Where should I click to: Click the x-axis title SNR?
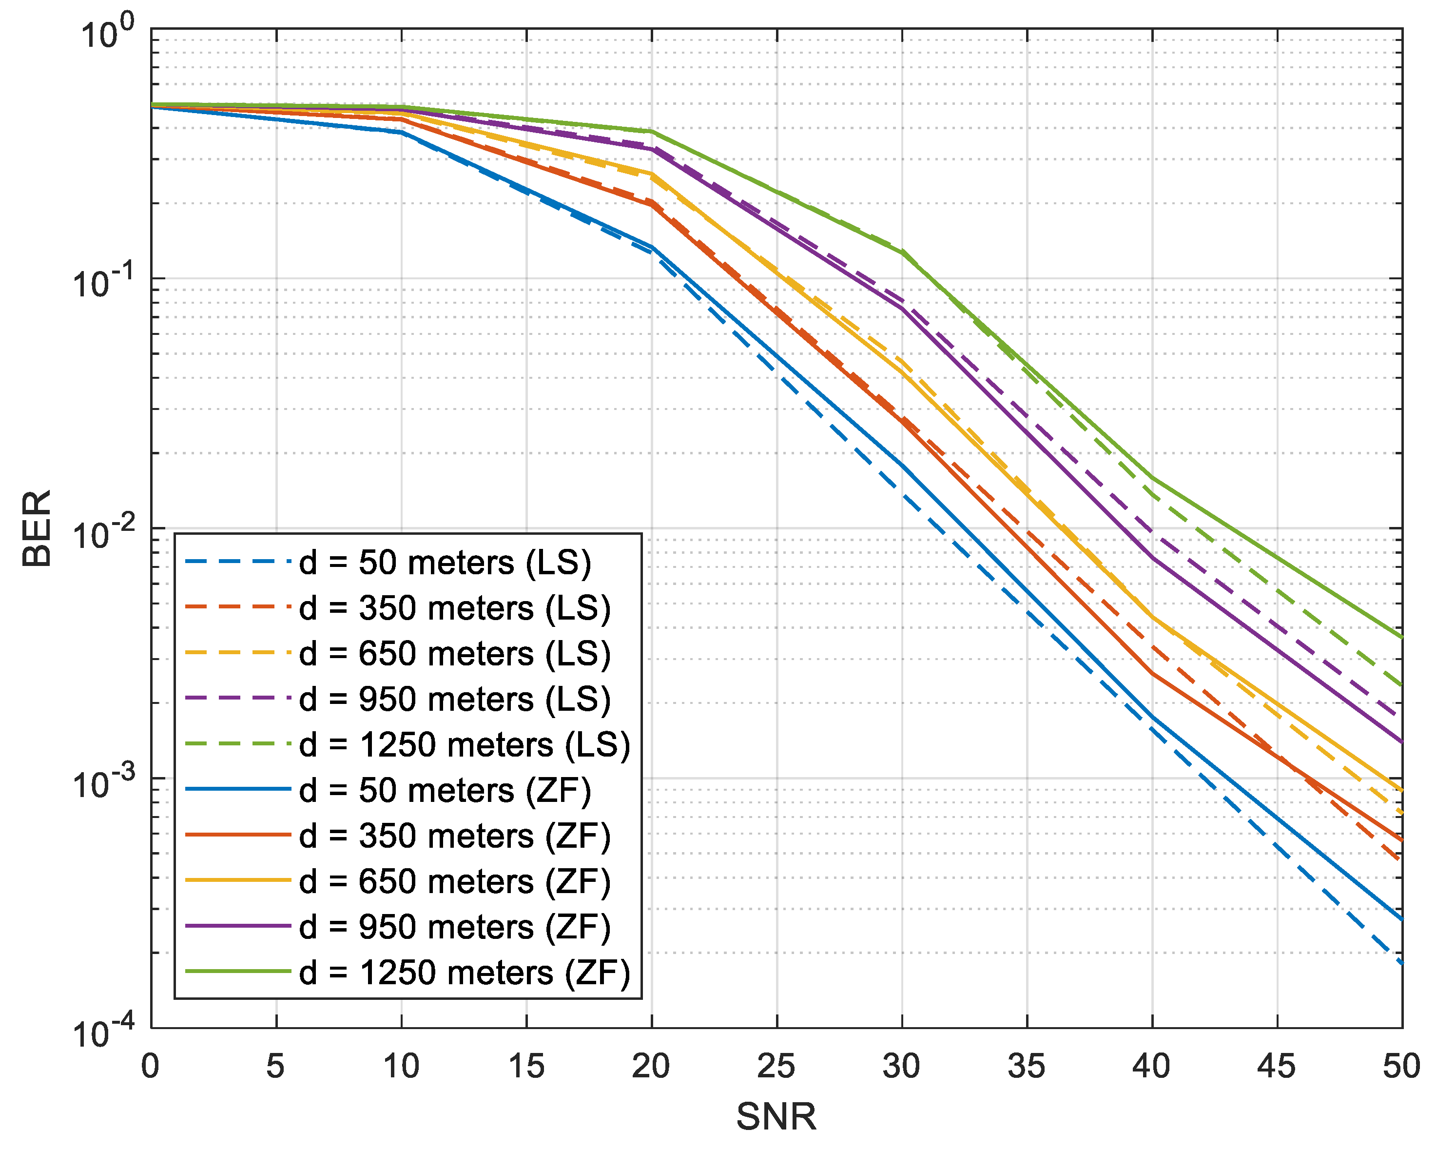tap(776, 1116)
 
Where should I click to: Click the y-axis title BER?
tap(37, 529)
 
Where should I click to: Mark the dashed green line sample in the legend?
tap(238, 744)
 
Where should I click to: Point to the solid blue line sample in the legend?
tap(238, 789)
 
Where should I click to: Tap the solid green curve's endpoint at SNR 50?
tap(1402, 638)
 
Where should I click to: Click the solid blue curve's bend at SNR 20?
tap(652, 248)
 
